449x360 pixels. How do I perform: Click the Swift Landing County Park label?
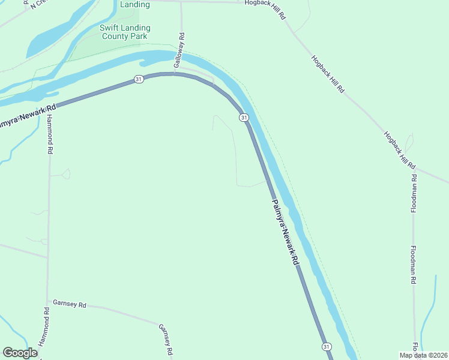(x=125, y=32)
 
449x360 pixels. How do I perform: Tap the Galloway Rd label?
(x=179, y=53)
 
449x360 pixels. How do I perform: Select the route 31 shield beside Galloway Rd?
(x=139, y=79)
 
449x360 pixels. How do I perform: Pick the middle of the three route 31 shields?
(x=244, y=118)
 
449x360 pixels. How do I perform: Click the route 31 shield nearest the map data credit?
(x=326, y=347)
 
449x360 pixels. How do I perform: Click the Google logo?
(x=20, y=353)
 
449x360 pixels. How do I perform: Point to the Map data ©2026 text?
(x=423, y=355)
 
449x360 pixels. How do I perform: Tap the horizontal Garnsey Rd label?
(x=70, y=304)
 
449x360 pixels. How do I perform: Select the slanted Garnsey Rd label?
(x=166, y=339)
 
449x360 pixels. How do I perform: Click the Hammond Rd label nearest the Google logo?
(x=44, y=327)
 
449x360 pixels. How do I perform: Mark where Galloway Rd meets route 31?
(x=175, y=74)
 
